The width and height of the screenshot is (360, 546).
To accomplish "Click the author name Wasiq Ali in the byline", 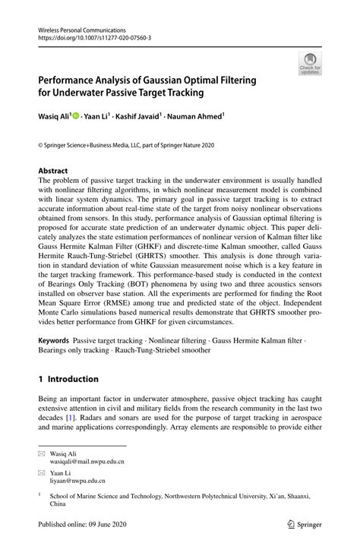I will (55, 118).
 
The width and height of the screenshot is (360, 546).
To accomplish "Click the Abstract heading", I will (54, 172).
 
